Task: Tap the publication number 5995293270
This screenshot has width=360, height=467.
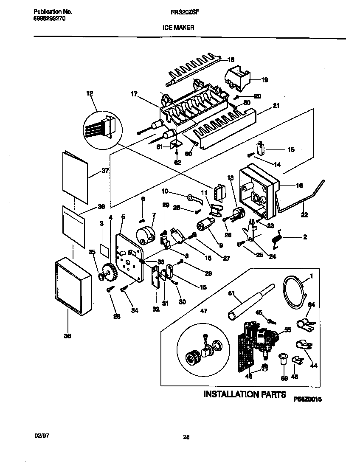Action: pos(49,19)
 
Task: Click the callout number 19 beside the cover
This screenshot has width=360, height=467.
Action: pos(264,79)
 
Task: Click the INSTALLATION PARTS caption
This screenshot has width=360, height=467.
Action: pos(245,394)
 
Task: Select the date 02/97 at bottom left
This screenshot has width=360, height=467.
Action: pos(40,436)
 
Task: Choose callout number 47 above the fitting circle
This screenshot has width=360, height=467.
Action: pos(204,311)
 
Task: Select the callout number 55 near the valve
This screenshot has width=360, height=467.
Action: pos(288,329)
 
